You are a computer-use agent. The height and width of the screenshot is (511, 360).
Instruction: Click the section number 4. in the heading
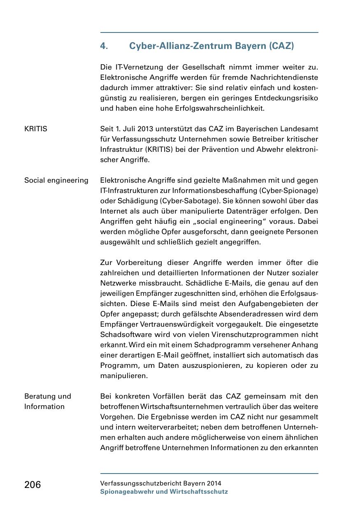104,46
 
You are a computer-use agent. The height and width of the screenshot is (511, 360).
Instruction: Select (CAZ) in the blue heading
281,46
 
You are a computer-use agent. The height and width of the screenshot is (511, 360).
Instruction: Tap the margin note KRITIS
36,129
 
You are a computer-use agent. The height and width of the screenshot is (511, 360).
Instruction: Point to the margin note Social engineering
56,181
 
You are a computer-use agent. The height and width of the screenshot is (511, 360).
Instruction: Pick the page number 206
33,485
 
